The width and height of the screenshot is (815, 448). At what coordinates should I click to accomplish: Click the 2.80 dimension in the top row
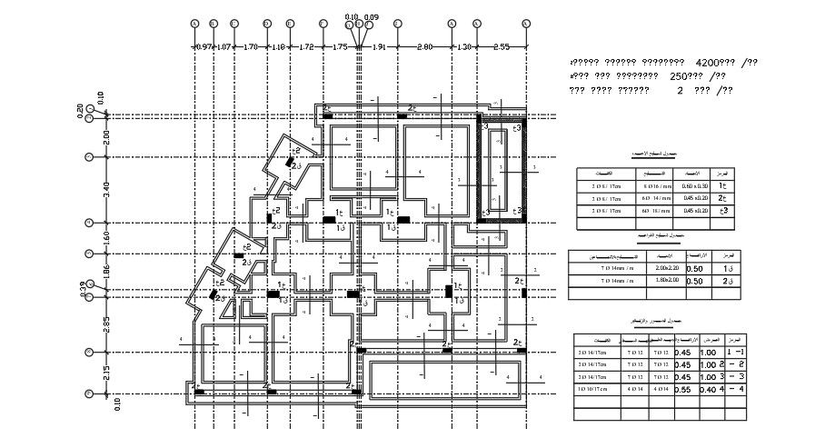(423, 45)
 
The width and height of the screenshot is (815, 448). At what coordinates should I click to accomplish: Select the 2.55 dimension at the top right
(501, 45)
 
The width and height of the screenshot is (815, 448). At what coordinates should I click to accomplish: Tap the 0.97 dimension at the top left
(203, 45)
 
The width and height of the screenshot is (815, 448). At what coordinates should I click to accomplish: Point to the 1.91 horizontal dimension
(381, 45)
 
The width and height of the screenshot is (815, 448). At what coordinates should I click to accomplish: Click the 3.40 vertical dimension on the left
(105, 190)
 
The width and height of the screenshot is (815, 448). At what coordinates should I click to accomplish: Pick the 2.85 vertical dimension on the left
(105, 323)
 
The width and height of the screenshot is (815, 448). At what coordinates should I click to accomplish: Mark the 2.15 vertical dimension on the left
(105, 373)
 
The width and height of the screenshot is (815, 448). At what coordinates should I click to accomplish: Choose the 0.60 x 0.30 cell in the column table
(699, 185)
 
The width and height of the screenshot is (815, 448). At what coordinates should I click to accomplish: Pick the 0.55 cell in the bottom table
(682, 389)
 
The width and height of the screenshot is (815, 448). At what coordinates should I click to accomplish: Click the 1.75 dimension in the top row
(340, 45)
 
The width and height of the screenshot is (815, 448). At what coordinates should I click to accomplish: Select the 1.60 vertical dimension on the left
(105, 237)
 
